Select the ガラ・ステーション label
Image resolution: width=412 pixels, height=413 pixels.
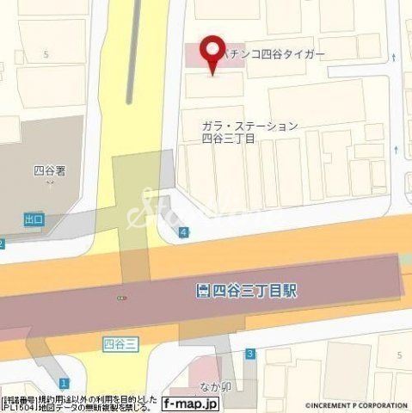click(249, 126)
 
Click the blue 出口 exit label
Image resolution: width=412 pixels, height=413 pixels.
click(34, 221)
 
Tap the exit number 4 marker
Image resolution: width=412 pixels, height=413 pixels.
click(185, 232)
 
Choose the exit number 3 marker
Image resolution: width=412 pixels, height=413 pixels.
click(249, 354)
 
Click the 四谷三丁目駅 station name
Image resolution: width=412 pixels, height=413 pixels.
click(250, 291)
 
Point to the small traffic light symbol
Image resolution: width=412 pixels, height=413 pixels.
click(122, 298)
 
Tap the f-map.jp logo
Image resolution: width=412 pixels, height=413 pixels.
click(192, 404)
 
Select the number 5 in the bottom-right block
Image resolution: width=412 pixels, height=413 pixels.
click(400, 354)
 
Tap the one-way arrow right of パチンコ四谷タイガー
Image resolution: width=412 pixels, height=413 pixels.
click(394, 57)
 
